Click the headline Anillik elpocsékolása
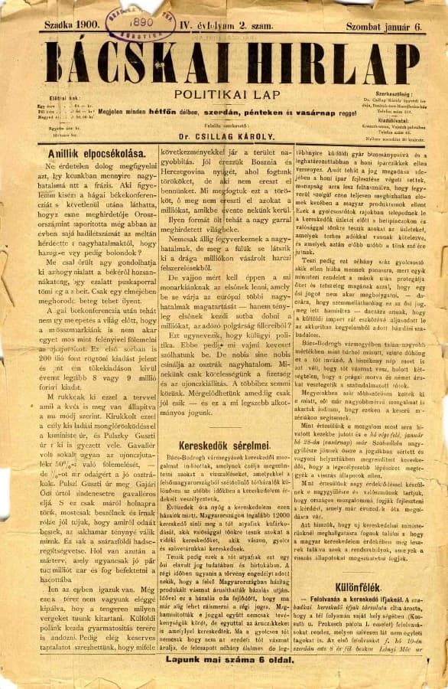pyautogui.click(x=89, y=152)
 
